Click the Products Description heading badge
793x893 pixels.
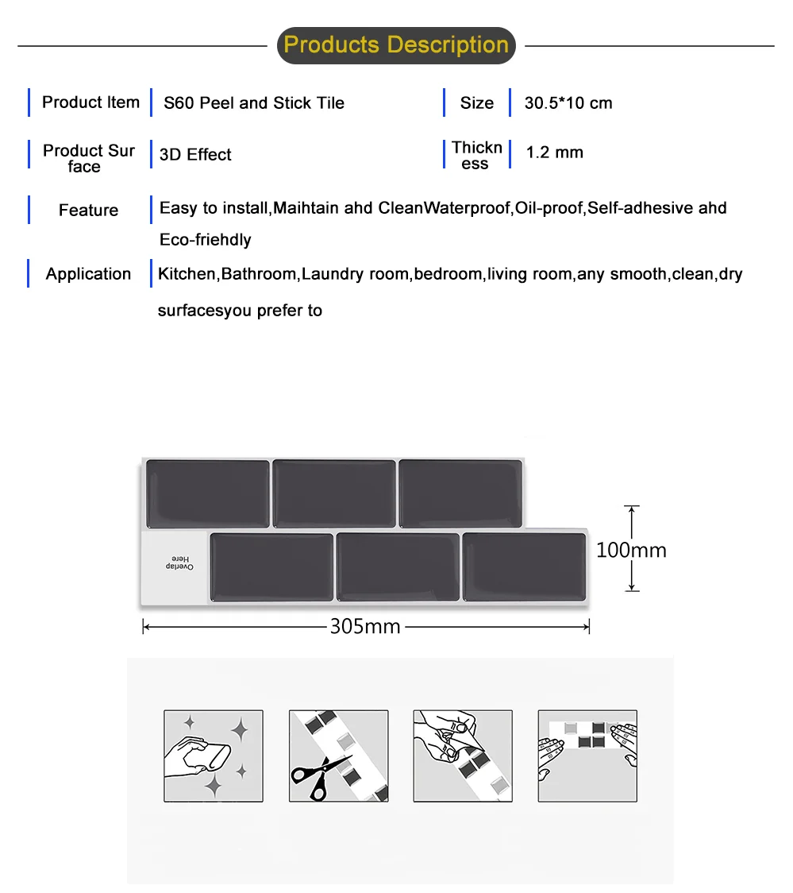click(x=396, y=45)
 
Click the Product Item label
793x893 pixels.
click(x=90, y=102)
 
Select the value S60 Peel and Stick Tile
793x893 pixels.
click(x=254, y=103)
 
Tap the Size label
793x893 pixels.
click(x=476, y=103)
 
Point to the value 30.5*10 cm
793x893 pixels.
click(x=568, y=103)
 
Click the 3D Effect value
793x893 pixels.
click(x=195, y=155)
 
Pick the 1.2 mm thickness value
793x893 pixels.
click(x=554, y=153)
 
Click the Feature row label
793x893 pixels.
click(x=88, y=211)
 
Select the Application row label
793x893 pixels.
click(x=88, y=274)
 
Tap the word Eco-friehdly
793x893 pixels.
click(x=206, y=240)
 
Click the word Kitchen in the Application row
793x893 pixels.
click(x=187, y=275)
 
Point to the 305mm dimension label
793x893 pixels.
click(x=365, y=627)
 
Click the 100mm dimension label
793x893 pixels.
click(x=631, y=550)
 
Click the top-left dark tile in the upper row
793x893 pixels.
click(x=208, y=493)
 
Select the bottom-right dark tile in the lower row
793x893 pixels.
click(x=524, y=566)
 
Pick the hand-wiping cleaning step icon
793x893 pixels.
click(x=213, y=756)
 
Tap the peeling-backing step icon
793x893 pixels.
click(x=462, y=756)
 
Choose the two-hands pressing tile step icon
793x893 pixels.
click(x=587, y=756)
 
